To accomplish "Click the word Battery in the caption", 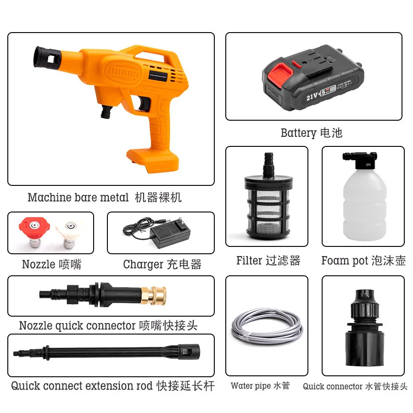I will tap(298, 133).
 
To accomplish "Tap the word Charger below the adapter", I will tap(143, 265).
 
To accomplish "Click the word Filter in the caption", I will tap(249, 261).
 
